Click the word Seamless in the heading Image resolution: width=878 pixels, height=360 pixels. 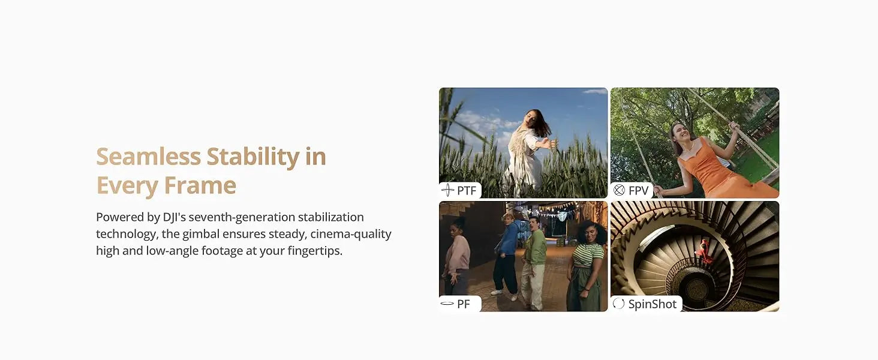point(149,157)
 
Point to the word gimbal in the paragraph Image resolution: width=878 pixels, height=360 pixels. point(201,234)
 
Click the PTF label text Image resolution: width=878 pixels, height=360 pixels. point(467,191)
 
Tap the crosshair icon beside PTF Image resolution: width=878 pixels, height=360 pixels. point(447,190)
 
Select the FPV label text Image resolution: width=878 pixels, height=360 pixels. point(639,191)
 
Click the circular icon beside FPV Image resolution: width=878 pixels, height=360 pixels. point(619,190)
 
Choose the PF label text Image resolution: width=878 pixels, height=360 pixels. point(464,304)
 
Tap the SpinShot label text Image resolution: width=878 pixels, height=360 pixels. point(653,304)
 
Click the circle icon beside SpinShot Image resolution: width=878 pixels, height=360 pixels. point(618,304)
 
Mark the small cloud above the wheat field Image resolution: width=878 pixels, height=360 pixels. point(594,91)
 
